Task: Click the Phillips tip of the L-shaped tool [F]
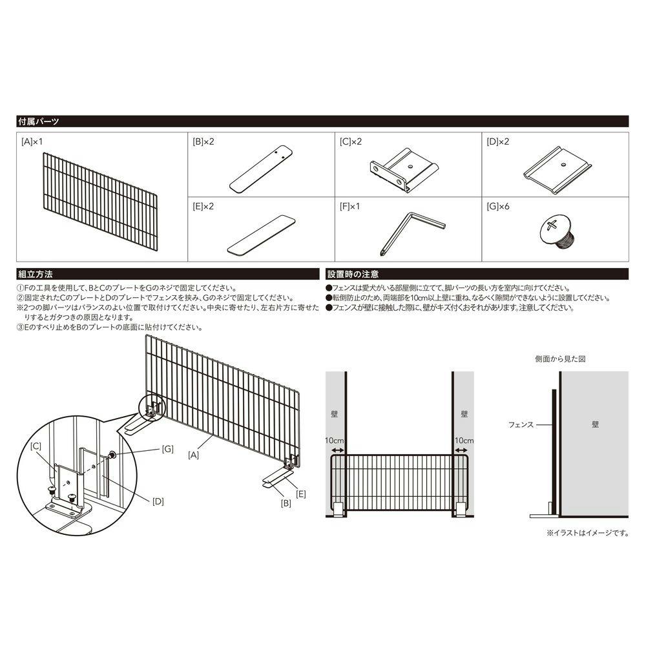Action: [382, 255]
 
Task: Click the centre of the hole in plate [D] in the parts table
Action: [563, 164]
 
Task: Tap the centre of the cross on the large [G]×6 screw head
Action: [552, 225]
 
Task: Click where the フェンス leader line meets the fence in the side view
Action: [552, 424]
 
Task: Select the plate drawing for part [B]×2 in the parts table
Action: [261, 169]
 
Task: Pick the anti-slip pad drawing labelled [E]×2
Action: [261, 235]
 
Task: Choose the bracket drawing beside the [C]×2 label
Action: [404, 170]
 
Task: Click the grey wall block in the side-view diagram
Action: [594, 444]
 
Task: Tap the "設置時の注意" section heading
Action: [353, 274]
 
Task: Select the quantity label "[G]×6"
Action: [497, 207]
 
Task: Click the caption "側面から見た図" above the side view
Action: [560, 359]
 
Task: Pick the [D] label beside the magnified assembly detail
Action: [158, 501]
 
